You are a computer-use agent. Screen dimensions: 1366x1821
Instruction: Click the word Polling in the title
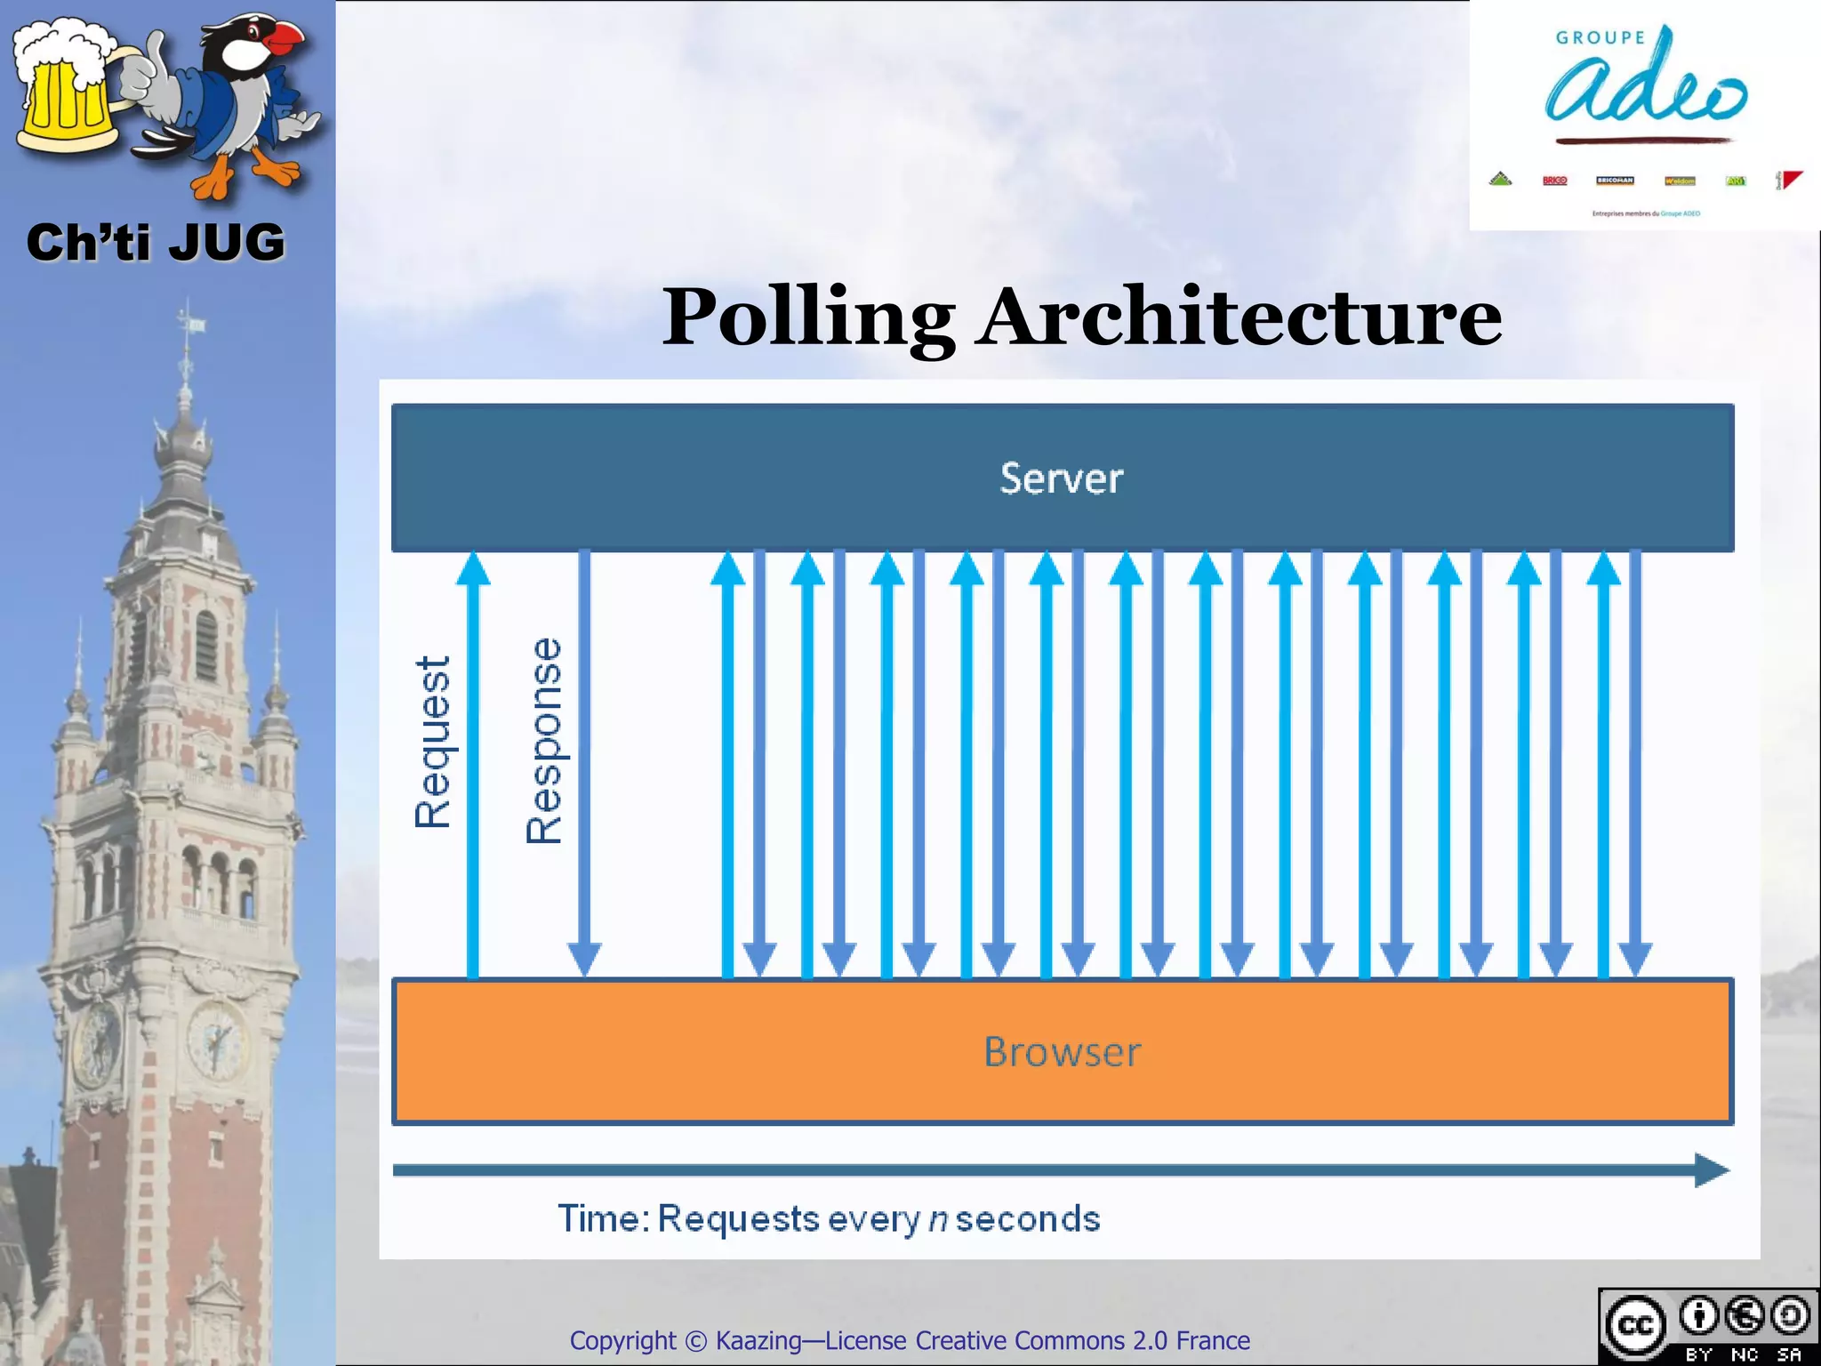point(807,318)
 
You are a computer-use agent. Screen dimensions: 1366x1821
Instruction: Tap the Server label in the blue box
point(1061,478)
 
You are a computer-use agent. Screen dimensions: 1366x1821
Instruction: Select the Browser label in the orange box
point(1062,1052)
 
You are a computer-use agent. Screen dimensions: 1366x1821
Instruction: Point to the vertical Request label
point(433,743)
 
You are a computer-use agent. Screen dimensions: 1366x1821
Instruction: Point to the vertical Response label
point(544,740)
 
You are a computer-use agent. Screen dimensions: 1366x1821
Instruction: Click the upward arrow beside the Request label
point(473,765)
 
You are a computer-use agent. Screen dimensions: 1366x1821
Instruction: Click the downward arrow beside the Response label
point(584,765)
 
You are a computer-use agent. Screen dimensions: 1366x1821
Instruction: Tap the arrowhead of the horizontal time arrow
point(1711,1169)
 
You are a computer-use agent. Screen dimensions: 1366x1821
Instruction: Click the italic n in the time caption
point(938,1218)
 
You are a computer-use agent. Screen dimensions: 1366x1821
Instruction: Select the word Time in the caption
point(598,1218)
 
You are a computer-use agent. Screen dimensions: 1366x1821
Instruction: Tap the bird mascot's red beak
point(286,37)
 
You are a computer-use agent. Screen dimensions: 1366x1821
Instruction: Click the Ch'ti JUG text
point(156,243)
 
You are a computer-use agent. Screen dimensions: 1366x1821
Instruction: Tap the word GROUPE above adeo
point(1600,37)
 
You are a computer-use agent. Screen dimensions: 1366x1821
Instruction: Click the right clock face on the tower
point(216,1038)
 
